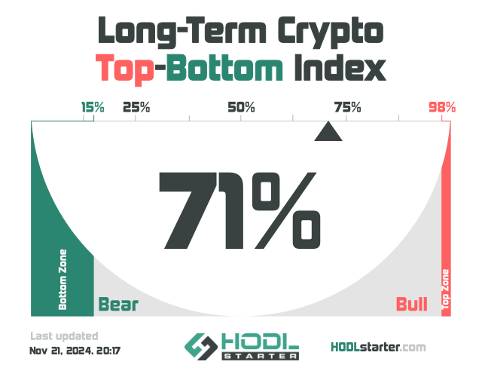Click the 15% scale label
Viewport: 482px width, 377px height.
coord(93,107)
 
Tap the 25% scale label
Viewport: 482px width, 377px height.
coord(136,107)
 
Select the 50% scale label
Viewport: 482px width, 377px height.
coord(241,107)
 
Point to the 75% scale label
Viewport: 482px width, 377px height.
coord(348,107)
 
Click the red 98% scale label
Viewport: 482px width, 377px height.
coord(442,107)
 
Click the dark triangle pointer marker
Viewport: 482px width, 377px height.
coord(328,132)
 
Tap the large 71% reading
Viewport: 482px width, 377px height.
coord(239,210)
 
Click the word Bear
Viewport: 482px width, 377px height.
coord(118,304)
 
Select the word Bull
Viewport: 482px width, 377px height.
coord(412,304)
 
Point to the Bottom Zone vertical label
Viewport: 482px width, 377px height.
coord(63,280)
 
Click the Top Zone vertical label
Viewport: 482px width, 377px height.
coord(445,290)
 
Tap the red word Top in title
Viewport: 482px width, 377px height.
coord(124,69)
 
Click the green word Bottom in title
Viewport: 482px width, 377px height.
coord(224,68)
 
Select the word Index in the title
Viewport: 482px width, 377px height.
coord(340,68)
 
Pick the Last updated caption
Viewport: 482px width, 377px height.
coord(64,336)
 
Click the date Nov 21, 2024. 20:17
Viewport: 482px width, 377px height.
coord(75,351)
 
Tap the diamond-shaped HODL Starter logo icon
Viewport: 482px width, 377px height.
coord(199,347)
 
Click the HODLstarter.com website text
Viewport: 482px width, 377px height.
coord(378,348)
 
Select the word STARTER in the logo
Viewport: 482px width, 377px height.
coord(261,357)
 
